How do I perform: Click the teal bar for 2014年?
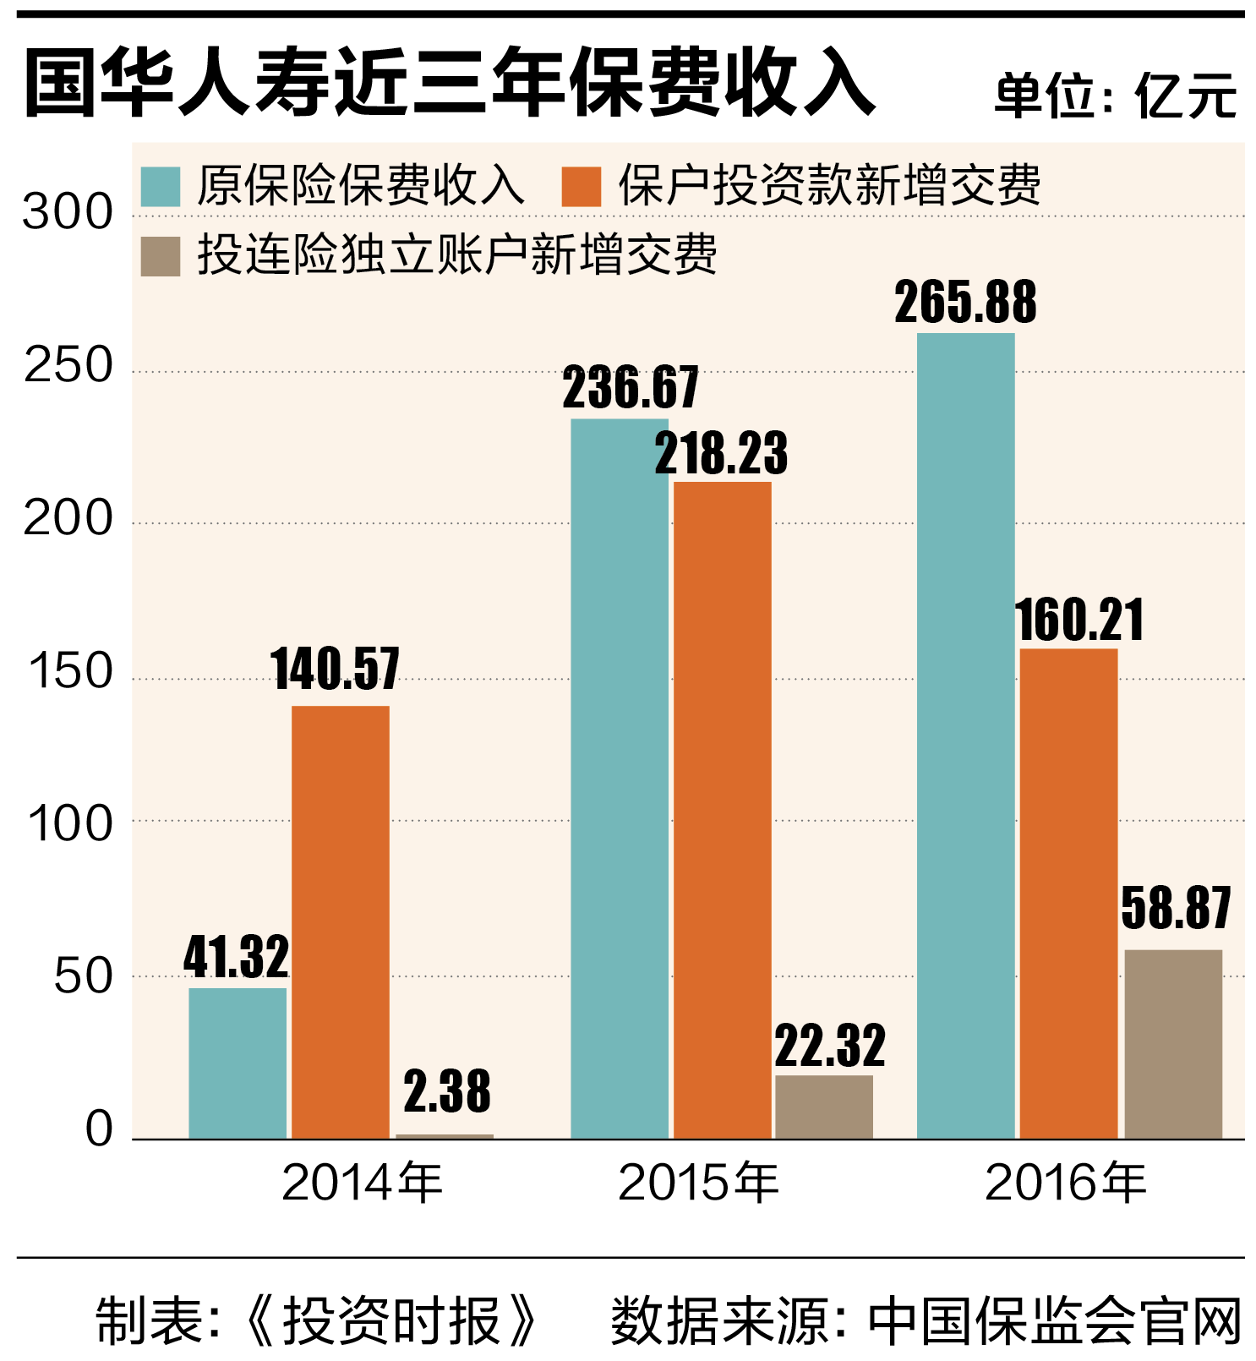[x=238, y=1063]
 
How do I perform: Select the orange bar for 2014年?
[x=340, y=921]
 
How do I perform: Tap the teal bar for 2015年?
[x=619, y=778]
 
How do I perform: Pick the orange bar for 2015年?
[x=722, y=810]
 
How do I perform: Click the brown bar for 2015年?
[x=823, y=1107]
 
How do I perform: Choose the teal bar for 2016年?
[x=965, y=735]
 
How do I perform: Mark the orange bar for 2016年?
[x=1068, y=893]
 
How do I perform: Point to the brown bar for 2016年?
[x=1172, y=1043]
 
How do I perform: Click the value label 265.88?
[x=965, y=302]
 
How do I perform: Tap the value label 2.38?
[x=446, y=1090]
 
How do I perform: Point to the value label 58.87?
[x=1176, y=908]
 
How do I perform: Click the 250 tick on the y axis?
[x=68, y=366]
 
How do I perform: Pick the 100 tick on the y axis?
[x=69, y=823]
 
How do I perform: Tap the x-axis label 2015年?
[x=698, y=1182]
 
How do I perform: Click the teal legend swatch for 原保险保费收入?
[x=160, y=186]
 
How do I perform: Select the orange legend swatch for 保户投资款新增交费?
[x=581, y=186]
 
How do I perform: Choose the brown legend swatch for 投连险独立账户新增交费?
[x=160, y=256]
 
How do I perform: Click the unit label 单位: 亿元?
[x=1116, y=95]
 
